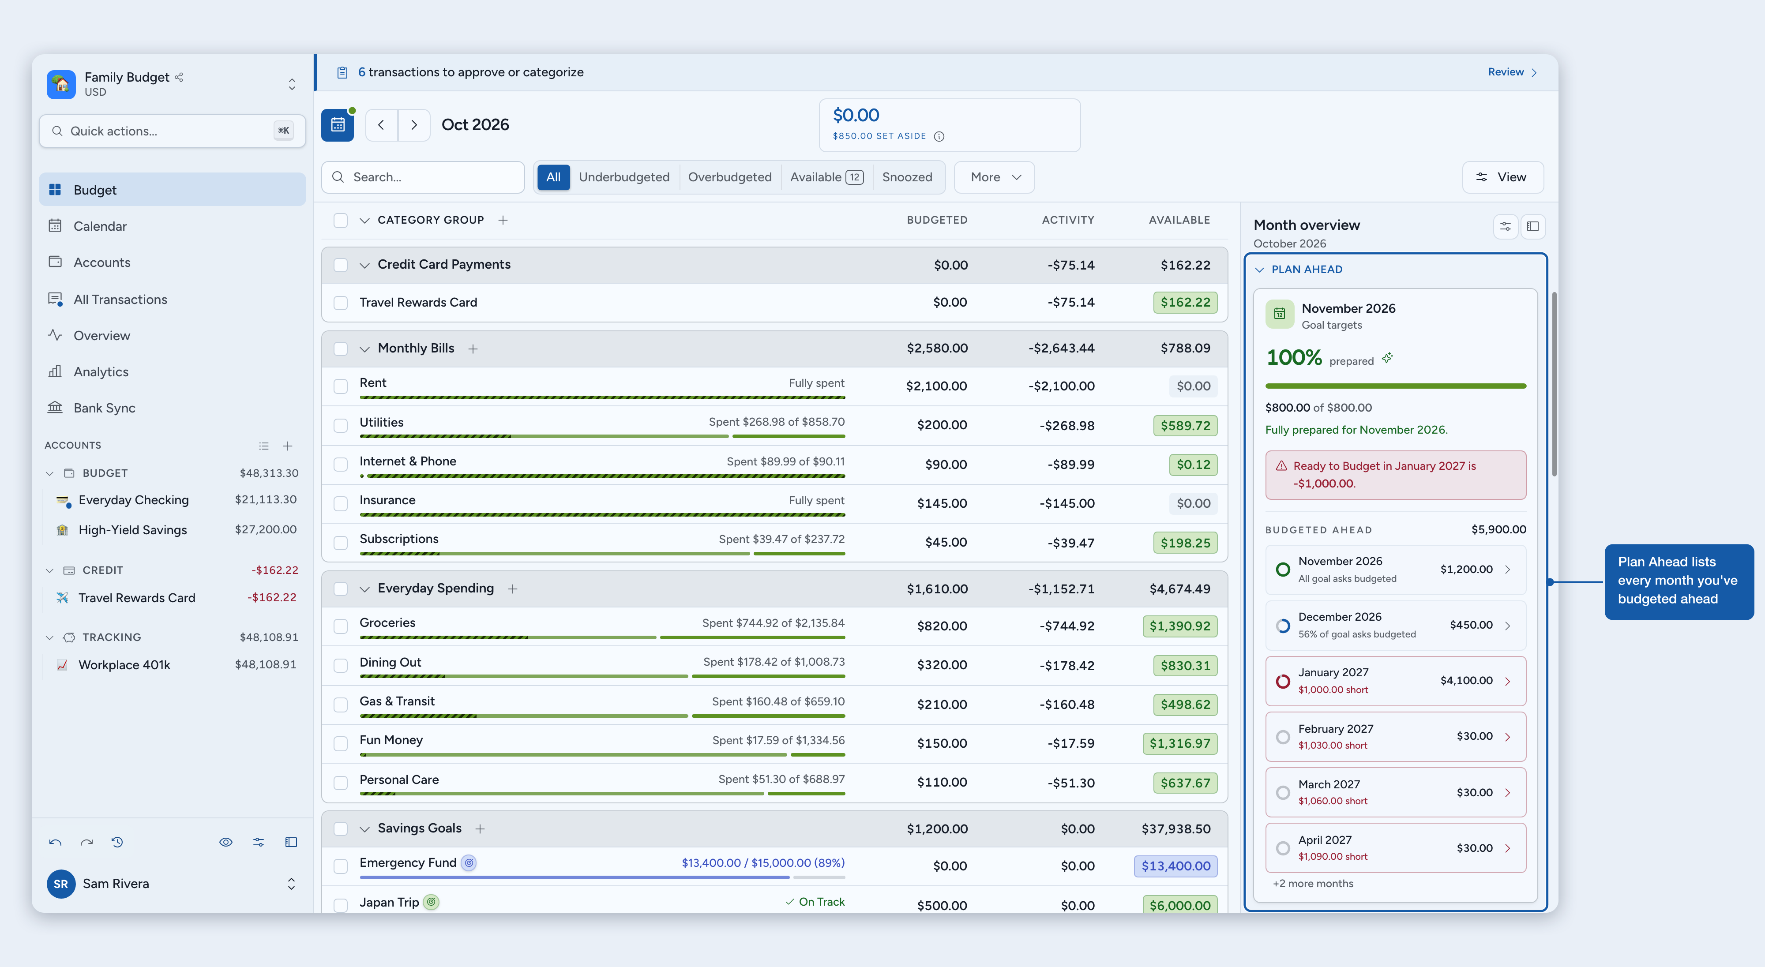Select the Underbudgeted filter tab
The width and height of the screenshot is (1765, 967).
(x=623, y=177)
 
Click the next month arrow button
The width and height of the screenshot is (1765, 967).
(x=414, y=125)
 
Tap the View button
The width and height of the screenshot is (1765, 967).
(x=1502, y=177)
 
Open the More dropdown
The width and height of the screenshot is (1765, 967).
(x=994, y=177)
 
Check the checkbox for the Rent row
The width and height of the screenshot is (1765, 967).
(x=341, y=386)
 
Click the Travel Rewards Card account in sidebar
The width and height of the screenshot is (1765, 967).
(x=136, y=598)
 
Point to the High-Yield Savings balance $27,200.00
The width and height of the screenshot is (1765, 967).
(x=265, y=529)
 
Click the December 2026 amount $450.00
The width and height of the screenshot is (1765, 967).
(x=1470, y=625)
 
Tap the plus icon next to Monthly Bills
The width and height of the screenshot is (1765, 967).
(x=473, y=349)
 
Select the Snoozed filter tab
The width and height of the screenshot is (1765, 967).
(x=906, y=177)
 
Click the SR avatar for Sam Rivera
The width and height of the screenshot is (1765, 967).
(x=61, y=884)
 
